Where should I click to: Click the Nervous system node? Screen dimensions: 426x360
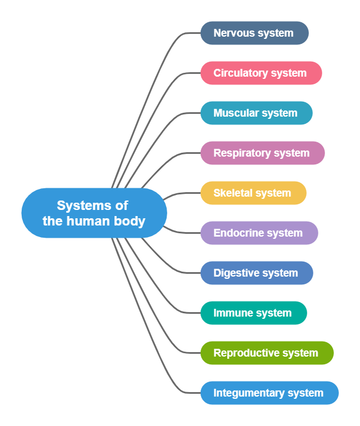(x=254, y=33)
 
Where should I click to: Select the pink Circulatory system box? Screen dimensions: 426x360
(x=261, y=73)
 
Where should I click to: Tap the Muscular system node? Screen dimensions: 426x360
(x=256, y=113)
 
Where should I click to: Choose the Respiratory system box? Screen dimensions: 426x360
(x=262, y=153)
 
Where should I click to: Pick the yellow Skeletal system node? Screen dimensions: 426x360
(x=253, y=193)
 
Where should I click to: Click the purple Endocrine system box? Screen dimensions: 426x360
(x=259, y=233)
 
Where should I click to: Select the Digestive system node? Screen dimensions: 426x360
(x=257, y=273)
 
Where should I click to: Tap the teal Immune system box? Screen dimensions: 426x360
(x=253, y=313)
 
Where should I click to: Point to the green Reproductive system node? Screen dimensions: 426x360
(x=267, y=353)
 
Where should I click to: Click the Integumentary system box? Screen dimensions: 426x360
(x=269, y=393)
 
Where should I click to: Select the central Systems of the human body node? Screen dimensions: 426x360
(x=94, y=213)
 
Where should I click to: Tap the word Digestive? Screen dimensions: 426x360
(x=234, y=273)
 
